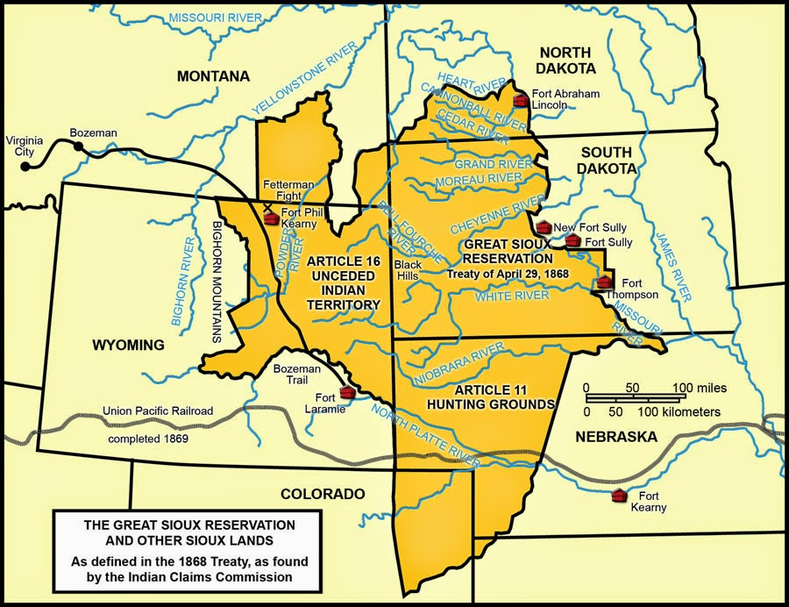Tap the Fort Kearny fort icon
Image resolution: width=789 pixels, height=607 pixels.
[x=620, y=496]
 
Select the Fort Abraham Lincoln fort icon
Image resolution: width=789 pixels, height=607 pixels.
[x=521, y=100]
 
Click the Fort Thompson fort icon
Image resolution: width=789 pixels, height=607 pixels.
[x=604, y=282]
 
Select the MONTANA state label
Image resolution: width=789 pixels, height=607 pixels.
[x=213, y=76]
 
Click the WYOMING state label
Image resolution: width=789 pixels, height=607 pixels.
[x=128, y=345]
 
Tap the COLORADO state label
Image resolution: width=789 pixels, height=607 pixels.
[x=323, y=494]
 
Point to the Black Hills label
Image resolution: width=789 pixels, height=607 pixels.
[x=408, y=269]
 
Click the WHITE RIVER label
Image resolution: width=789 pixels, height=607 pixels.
[x=512, y=296]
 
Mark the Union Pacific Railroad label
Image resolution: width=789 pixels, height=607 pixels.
[x=158, y=411]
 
